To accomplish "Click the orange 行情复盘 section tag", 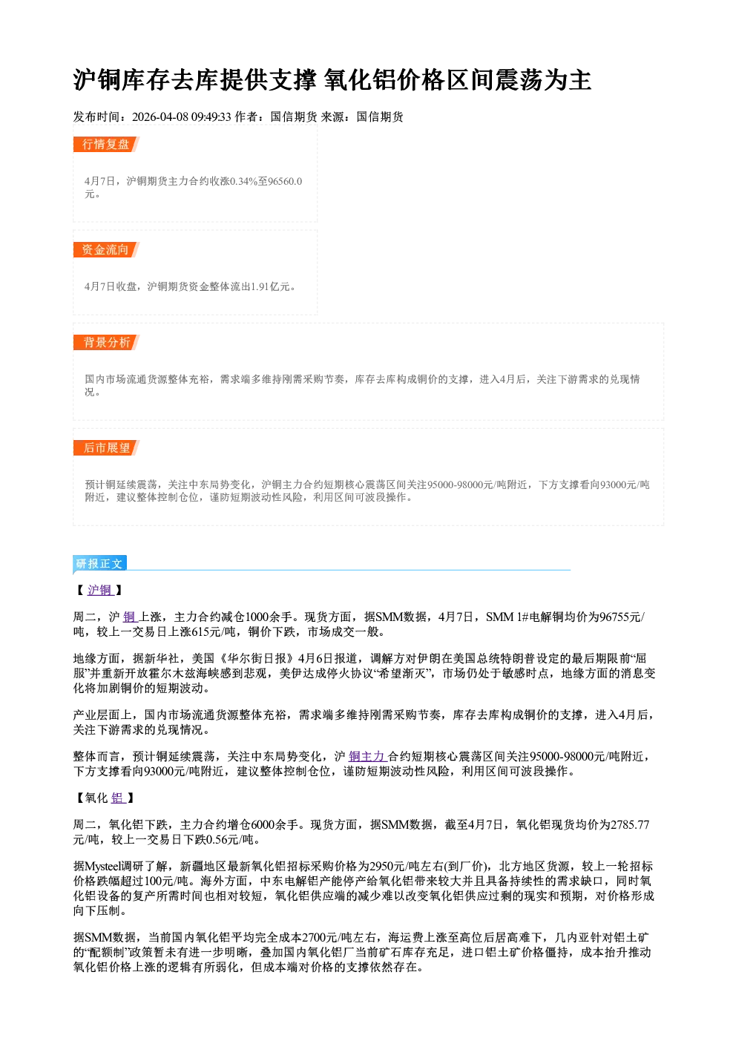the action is pos(106,144).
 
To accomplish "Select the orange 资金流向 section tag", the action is pos(106,249).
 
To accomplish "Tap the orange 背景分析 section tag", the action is pos(106,343).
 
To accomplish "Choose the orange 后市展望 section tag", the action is pos(106,447).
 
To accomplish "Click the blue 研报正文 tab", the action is pos(99,563).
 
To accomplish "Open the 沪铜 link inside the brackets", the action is pos(100,590).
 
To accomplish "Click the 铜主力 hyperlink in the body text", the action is pos(367,756).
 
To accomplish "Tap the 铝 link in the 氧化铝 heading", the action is pos(118,798).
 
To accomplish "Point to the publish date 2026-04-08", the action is pos(160,116).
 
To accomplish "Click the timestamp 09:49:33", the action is pos(211,116).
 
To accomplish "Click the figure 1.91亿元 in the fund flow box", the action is pos(270,286).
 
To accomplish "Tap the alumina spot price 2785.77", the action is pos(630,824).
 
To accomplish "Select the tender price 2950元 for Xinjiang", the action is pos(387,866).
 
